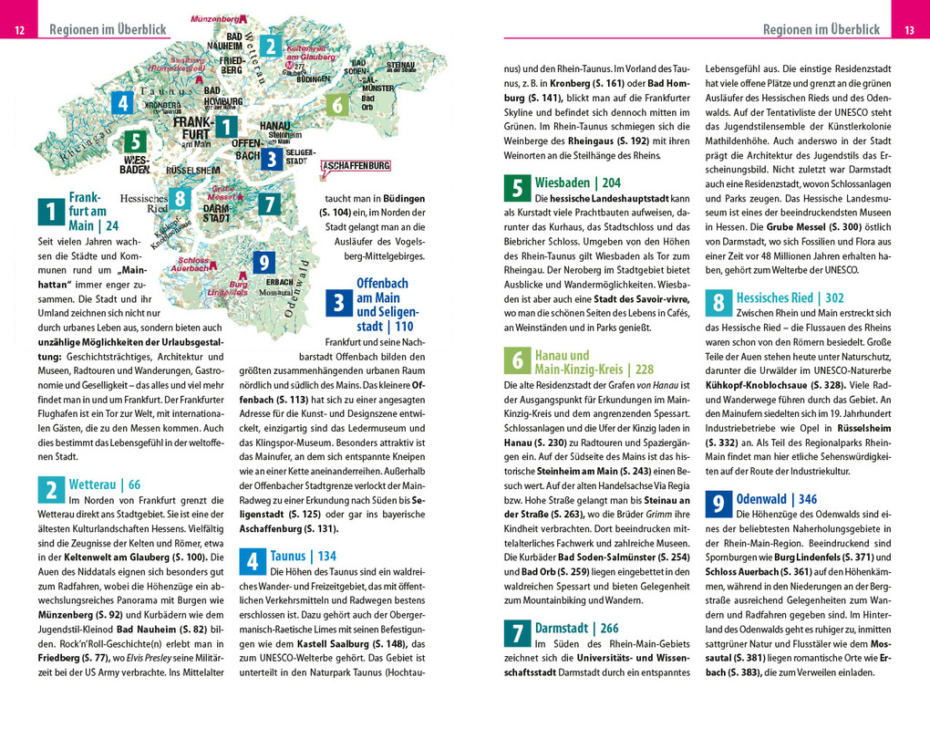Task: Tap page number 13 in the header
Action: [909, 30]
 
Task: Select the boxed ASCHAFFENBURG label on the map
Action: [356, 166]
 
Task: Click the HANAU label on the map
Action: [274, 125]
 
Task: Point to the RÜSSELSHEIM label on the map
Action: [192, 171]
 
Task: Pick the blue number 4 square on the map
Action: [122, 103]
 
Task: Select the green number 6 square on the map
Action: [337, 105]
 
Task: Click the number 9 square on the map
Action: [263, 263]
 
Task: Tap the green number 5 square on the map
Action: [134, 141]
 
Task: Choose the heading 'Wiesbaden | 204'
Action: [577, 182]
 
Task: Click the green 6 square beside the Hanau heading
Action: [516, 361]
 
